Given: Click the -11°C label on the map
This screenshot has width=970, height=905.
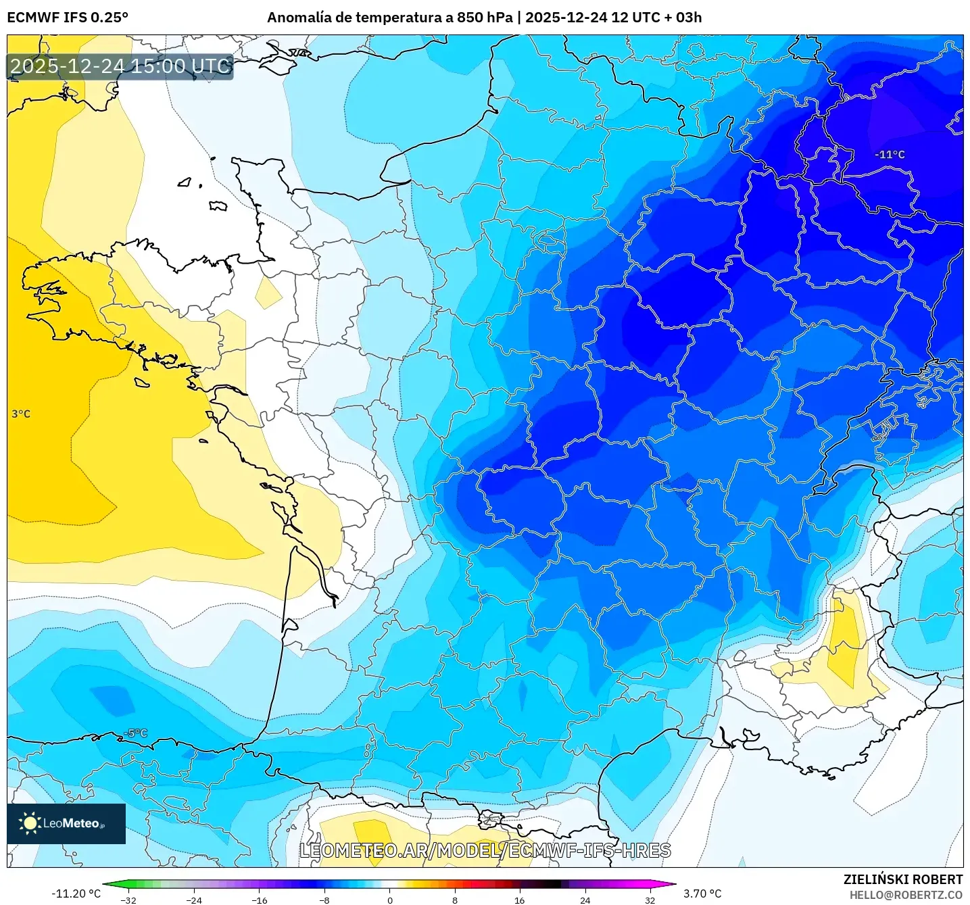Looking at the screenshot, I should [890, 155].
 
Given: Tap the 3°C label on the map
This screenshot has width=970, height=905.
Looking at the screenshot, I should [21, 414].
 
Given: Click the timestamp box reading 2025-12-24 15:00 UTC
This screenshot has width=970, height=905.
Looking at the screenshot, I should [120, 66].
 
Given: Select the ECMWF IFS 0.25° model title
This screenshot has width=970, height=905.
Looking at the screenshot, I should [68, 18].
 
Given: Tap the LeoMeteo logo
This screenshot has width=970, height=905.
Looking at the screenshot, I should [66, 823].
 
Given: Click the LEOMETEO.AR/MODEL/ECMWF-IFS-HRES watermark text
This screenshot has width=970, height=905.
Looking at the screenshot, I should [485, 850].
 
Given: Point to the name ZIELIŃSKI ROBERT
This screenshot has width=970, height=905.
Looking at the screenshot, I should [902, 879].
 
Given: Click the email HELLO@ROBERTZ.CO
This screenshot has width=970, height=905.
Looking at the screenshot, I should [906, 895].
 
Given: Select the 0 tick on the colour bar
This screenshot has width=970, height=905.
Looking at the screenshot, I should [389, 900].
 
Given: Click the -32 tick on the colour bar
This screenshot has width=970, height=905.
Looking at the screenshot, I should [128, 900].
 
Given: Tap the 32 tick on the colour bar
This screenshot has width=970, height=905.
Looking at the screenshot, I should [650, 900].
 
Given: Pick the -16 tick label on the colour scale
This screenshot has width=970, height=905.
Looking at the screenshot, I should [259, 900].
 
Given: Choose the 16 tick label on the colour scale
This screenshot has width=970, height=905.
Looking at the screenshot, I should [519, 900].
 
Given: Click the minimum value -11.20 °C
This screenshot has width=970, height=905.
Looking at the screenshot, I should [76, 894].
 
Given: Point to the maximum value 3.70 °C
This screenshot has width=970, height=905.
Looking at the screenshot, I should [702, 894].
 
